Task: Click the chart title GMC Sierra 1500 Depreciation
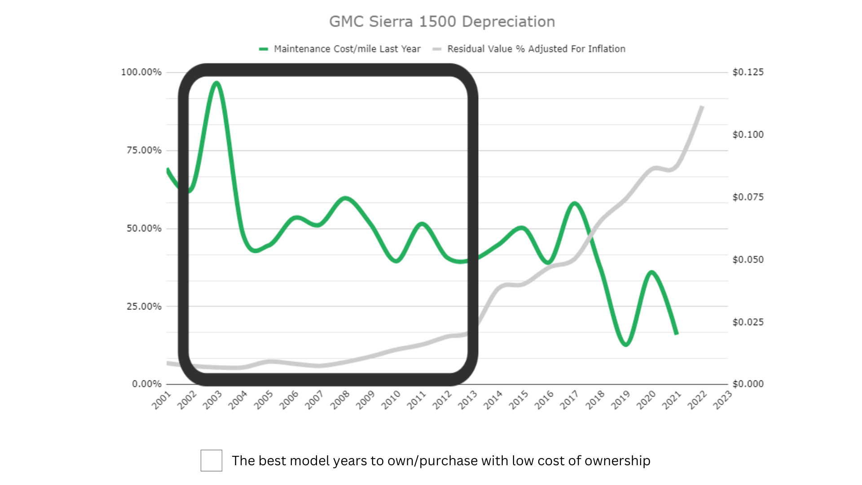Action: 442,22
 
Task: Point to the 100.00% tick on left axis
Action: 141,72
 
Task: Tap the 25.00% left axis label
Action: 144,307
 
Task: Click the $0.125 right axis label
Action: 748,72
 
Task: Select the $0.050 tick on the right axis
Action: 748,260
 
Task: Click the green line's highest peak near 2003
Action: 217,83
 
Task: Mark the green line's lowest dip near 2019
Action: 626,344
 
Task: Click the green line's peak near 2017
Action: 574,203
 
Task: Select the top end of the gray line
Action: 702,107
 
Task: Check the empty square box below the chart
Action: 211,460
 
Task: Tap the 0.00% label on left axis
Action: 146,384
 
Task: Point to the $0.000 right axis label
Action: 748,384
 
